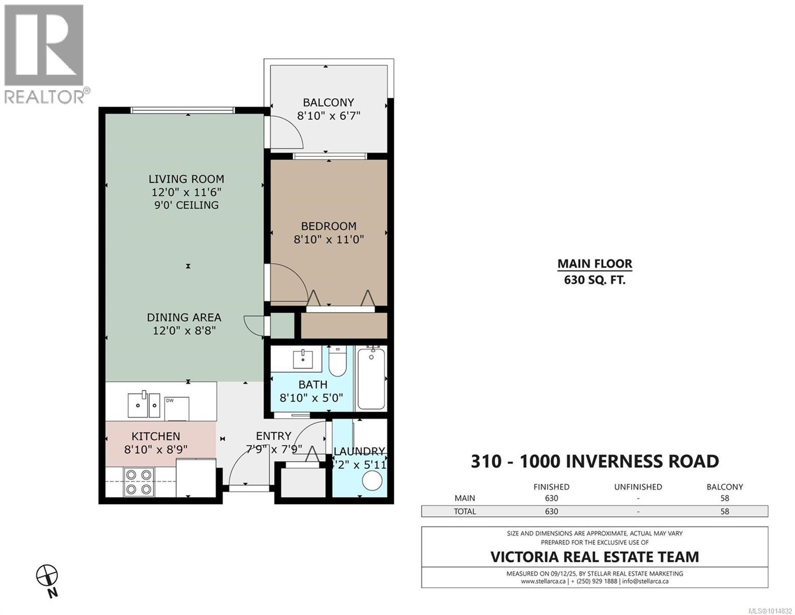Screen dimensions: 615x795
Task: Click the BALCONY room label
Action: click(328, 102)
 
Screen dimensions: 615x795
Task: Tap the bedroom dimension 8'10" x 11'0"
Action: click(328, 239)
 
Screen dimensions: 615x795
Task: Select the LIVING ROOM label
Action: click(186, 179)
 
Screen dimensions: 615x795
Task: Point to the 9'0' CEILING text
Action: click(186, 205)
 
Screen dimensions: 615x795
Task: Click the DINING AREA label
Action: click(184, 317)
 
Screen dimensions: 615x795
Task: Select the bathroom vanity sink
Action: click(303, 359)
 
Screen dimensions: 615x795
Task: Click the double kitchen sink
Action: click(144, 405)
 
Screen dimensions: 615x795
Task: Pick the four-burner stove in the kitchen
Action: click(138, 482)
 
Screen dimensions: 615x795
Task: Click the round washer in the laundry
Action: click(372, 481)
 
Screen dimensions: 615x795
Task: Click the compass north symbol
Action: click(47, 576)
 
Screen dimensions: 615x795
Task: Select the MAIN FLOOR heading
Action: click(594, 264)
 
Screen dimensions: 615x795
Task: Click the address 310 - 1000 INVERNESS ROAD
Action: click(595, 461)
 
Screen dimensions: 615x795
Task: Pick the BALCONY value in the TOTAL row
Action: click(724, 511)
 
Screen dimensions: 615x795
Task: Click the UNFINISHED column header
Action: click(638, 487)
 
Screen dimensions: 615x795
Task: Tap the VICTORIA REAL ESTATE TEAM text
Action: click(595, 557)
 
